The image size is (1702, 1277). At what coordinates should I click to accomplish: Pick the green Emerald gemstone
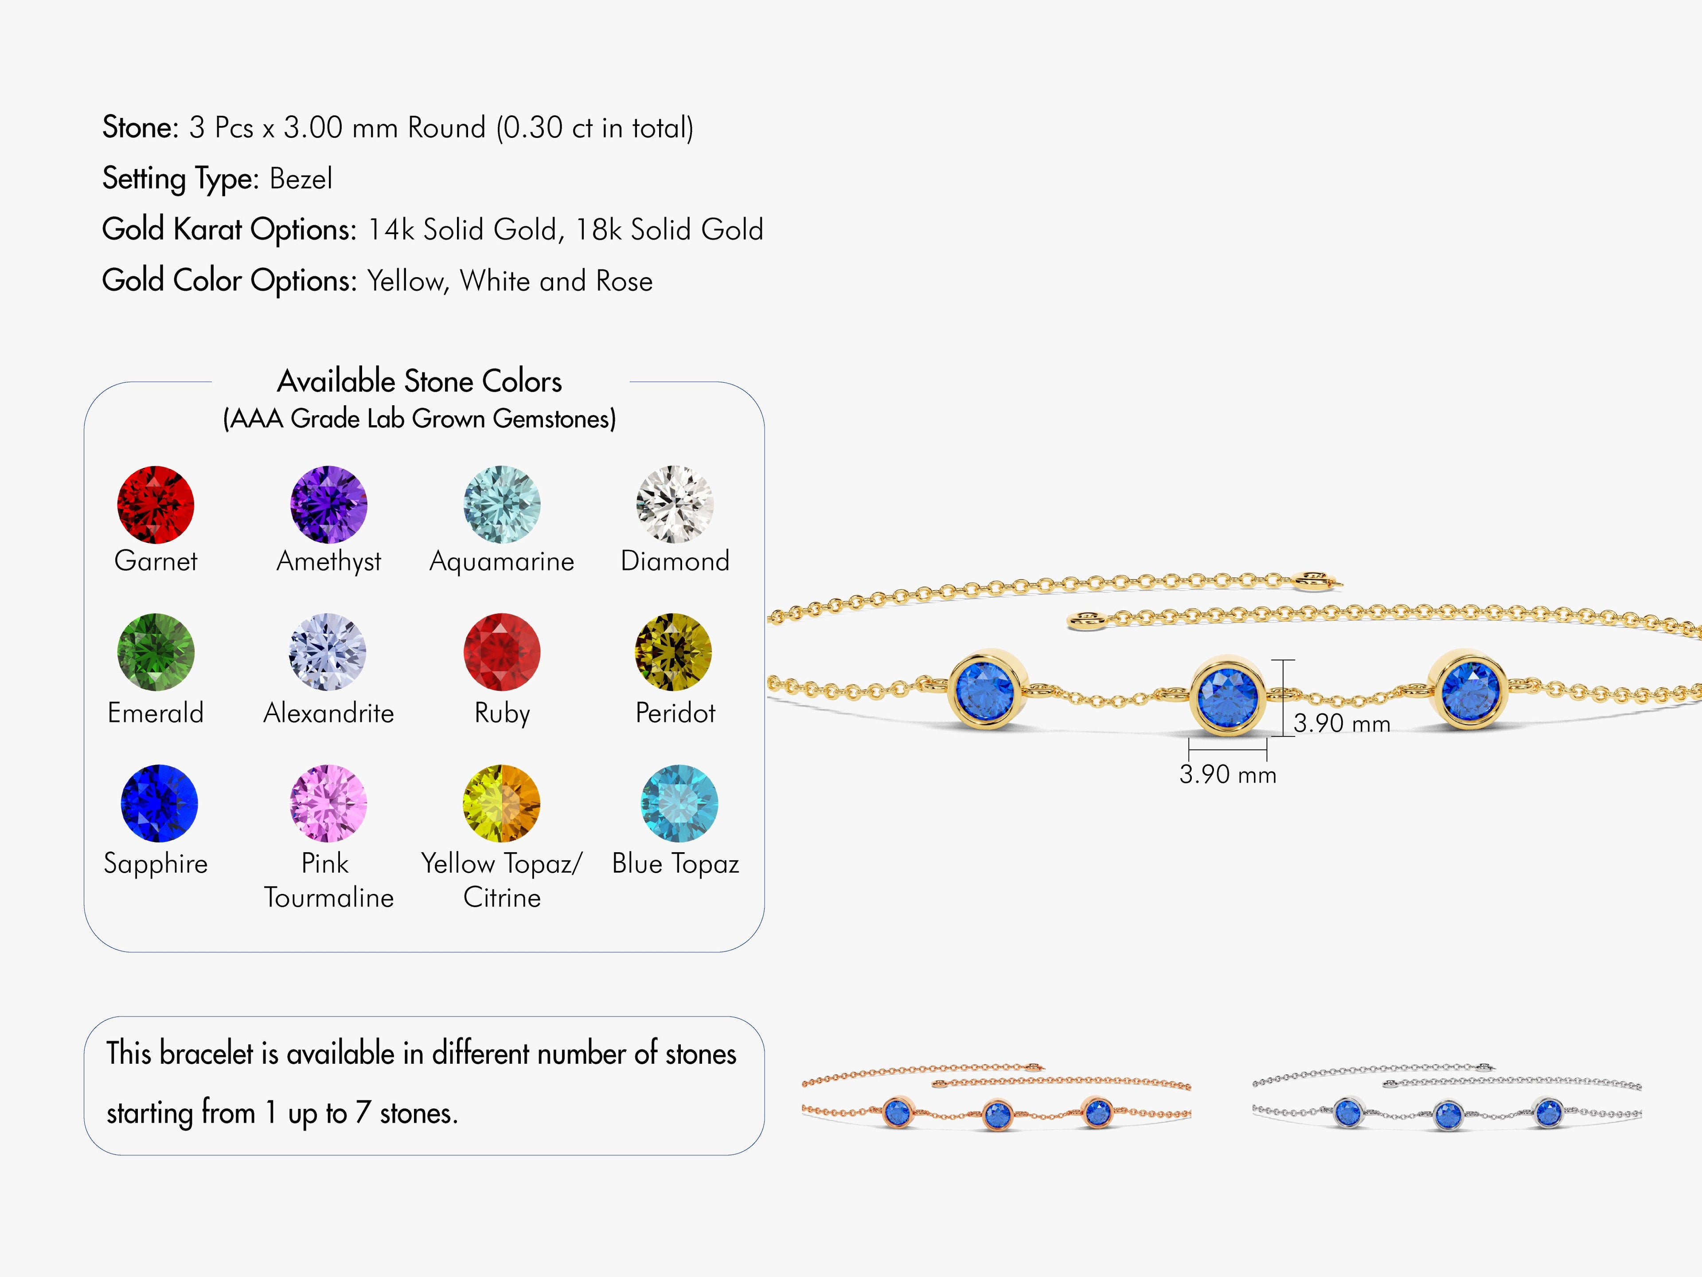pyautogui.click(x=156, y=652)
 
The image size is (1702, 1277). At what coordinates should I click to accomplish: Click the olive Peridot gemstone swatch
pyautogui.click(x=673, y=652)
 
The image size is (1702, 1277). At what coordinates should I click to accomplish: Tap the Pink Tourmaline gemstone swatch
pyautogui.click(x=328, y=803)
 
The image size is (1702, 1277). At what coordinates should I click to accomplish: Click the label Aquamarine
pyautogui.click(x=502, y=561)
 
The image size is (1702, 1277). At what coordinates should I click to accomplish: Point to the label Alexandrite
pyautogui.click(x=328, y=713)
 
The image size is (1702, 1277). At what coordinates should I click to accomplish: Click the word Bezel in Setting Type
pyautogui.click(x=301, y=179)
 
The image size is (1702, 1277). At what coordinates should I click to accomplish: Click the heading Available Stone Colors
pyautogui.click(x=419, y=382)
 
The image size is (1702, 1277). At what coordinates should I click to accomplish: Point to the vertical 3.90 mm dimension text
pyautogui.click(x=1342, y=724)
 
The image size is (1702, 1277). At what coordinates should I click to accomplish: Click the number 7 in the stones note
pyautogui.click(x=363, y=1113)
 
